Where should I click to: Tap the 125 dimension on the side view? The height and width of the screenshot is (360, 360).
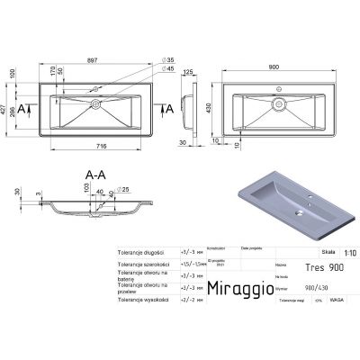[189, 71]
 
